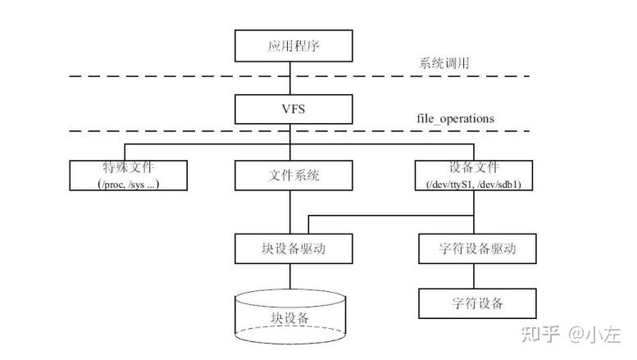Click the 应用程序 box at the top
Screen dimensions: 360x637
pos(289,45)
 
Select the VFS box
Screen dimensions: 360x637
pos(289,108)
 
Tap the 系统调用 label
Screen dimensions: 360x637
pos(445,63)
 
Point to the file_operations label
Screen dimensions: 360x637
pos(455,118)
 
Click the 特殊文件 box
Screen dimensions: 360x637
pos(127,175)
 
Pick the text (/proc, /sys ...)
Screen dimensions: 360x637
pos(127,185)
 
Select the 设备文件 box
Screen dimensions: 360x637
pos(475,175)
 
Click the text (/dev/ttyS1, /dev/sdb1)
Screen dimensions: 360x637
pos(475,185)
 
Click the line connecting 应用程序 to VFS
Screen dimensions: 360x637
pos(289,78)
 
